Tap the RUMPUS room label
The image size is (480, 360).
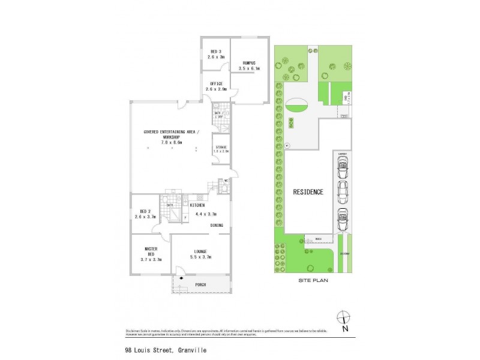click(x=250, y=62)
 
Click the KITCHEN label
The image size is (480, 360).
click(x=197, y=205)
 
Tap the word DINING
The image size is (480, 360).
click(x=217, y=225)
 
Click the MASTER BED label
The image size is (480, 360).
click(x=151, y=251)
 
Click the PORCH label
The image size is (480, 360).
click(x=200, y=284)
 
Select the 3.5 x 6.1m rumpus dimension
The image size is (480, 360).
click(x=250, y=68)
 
